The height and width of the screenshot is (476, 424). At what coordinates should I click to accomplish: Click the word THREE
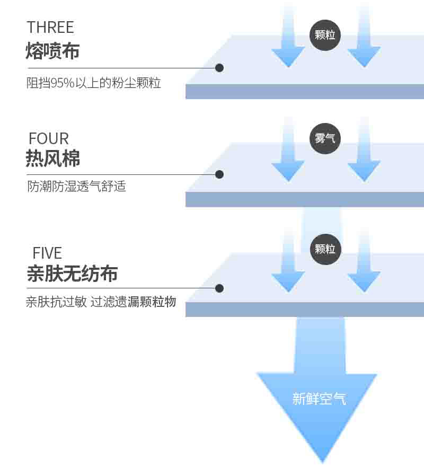pyautogui.click(x=50, y=28)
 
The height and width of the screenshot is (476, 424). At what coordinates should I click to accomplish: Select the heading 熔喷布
pyautogui.click(x=52, y=50)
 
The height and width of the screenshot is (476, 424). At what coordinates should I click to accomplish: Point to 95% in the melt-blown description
pyautogui.click(x=62, y=83)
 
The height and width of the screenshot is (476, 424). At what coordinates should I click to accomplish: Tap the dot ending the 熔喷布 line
pyautogui.click(x=219, y=68)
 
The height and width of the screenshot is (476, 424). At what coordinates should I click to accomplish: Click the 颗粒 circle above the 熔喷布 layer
pyautogui.click(x=325, y=35)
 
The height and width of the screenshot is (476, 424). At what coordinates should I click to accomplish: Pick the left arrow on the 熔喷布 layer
pyautogui.click(x=288, y=37)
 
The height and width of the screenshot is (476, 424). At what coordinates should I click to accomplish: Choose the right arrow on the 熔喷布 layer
pyautogui.click(x=364, y=37)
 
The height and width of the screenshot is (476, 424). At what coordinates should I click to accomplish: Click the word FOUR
pyautogui.click(x=49, y=139)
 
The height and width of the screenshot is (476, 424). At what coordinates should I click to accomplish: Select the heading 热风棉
pyautogui.click(x=53, y=158)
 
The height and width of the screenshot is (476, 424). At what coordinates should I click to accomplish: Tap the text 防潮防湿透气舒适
pyautogui.click(x=76, y=186)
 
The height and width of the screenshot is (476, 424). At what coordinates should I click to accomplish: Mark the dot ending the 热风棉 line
pyautogui.click(x=219, y=174)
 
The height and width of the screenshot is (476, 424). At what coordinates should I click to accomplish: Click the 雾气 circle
pyautogui.click(x=325, y=138)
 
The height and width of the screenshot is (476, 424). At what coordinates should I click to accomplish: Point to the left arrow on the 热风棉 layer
pyautogui.click(x=288, y=149)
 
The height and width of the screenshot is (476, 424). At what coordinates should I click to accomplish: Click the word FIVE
pyautogui.click(x=47, y=253)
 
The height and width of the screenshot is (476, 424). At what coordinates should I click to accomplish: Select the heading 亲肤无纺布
pyautogui.click(x=72, y=273)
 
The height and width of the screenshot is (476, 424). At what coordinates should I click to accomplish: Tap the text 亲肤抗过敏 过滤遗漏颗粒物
pyautogui.click(x=101, y=302)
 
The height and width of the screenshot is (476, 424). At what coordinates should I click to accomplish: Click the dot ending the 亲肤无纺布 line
pyautogui.click(x=219, y=288)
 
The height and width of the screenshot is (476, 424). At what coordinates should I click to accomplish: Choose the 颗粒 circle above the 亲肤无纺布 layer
pyautogui.click(x=325, y=249)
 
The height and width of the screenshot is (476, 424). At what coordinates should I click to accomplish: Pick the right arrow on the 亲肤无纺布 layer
pyautogui.click(x=364, y=260)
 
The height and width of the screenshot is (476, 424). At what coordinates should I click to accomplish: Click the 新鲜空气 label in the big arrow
pyautogui.click(x=319, y=399)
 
